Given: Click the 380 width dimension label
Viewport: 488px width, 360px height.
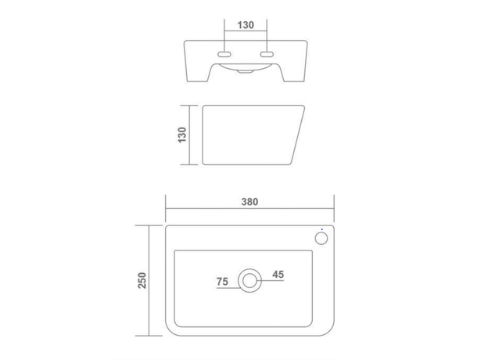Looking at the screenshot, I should (249, 201).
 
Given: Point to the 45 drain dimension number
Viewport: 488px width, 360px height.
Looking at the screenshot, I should (278, 274).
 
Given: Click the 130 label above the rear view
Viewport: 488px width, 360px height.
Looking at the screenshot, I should (246, 25).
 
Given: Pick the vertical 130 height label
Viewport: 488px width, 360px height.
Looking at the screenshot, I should (182, 134).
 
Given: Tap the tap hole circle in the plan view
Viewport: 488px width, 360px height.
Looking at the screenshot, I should (321, 236).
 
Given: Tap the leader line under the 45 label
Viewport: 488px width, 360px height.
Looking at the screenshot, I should (274, 281).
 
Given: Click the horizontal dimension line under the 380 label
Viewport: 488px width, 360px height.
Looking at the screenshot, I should (250, 209).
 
